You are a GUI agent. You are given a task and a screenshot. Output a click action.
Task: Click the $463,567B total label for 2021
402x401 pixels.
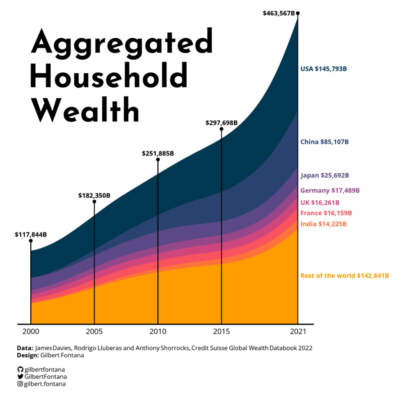[x=279, y=13]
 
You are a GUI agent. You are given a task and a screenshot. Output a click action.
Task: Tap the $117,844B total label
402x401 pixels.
[x=31, y=235]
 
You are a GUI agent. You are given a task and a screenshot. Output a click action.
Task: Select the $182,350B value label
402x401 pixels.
[x=94, y=195]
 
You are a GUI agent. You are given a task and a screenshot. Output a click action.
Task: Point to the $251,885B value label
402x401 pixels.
[x=158, y=153]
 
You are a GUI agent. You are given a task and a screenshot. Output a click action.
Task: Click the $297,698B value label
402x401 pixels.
[x=221, y=123]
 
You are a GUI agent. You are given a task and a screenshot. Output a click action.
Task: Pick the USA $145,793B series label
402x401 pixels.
[x=324, y=68]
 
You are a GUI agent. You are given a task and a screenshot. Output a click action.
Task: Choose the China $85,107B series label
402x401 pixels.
[x=324, y=142]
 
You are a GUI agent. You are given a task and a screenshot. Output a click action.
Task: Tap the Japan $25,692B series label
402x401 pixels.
[x=324, y=175]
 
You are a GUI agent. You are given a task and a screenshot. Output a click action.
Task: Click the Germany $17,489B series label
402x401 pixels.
[x=330, y=190]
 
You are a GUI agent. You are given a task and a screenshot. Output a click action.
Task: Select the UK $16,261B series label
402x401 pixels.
[x=320, y=202]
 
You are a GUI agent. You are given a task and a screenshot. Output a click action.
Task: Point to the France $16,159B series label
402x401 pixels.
[x=326, y=213]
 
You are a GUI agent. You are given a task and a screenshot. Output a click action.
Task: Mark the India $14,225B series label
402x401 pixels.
[x=323, y=224]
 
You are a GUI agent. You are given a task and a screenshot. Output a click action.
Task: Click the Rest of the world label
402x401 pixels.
[x=344, y=275]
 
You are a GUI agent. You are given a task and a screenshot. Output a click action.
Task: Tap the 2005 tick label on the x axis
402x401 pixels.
[x=94, y=332]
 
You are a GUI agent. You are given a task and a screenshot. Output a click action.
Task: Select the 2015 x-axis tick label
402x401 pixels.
[x=221, y=332]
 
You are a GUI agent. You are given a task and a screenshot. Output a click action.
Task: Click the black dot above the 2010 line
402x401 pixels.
[x=158, y=159]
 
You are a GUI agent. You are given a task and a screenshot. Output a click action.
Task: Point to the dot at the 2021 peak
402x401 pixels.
[x=298, y=13]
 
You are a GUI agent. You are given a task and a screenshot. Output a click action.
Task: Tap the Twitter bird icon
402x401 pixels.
[x=20, y=377]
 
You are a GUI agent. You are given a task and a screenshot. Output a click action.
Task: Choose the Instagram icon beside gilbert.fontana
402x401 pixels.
[x=20, y=384]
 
